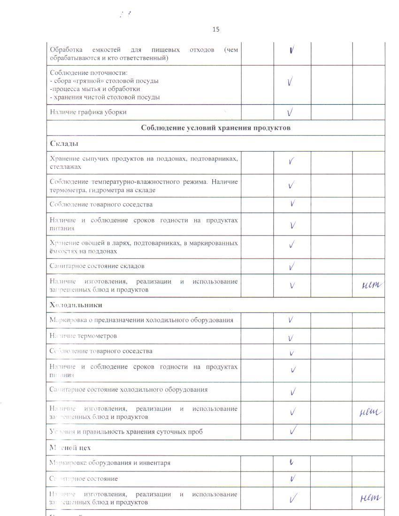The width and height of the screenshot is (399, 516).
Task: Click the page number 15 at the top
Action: point(215,29)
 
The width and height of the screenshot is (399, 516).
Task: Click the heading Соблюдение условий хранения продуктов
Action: point(215,128)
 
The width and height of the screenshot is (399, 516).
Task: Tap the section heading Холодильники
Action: point(76,305)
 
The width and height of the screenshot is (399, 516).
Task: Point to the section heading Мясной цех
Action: point(70,448)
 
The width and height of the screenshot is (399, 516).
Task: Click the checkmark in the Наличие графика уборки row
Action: point(291,112)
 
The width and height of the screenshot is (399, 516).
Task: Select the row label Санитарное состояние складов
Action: point(97,266)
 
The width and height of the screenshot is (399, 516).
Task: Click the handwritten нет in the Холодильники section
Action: point(370,412)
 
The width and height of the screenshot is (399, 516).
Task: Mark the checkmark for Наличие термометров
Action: point(291,338)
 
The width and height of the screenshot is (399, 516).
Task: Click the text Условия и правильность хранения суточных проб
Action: point(126,432)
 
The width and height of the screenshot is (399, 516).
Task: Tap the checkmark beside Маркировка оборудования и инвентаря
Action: point(292,463)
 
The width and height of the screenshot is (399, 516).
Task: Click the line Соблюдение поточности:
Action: point(89,73)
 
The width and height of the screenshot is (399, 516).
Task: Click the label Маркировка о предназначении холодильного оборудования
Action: point(141,320)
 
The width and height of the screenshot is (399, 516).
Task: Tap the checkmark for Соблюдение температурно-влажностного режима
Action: point(292,185)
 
